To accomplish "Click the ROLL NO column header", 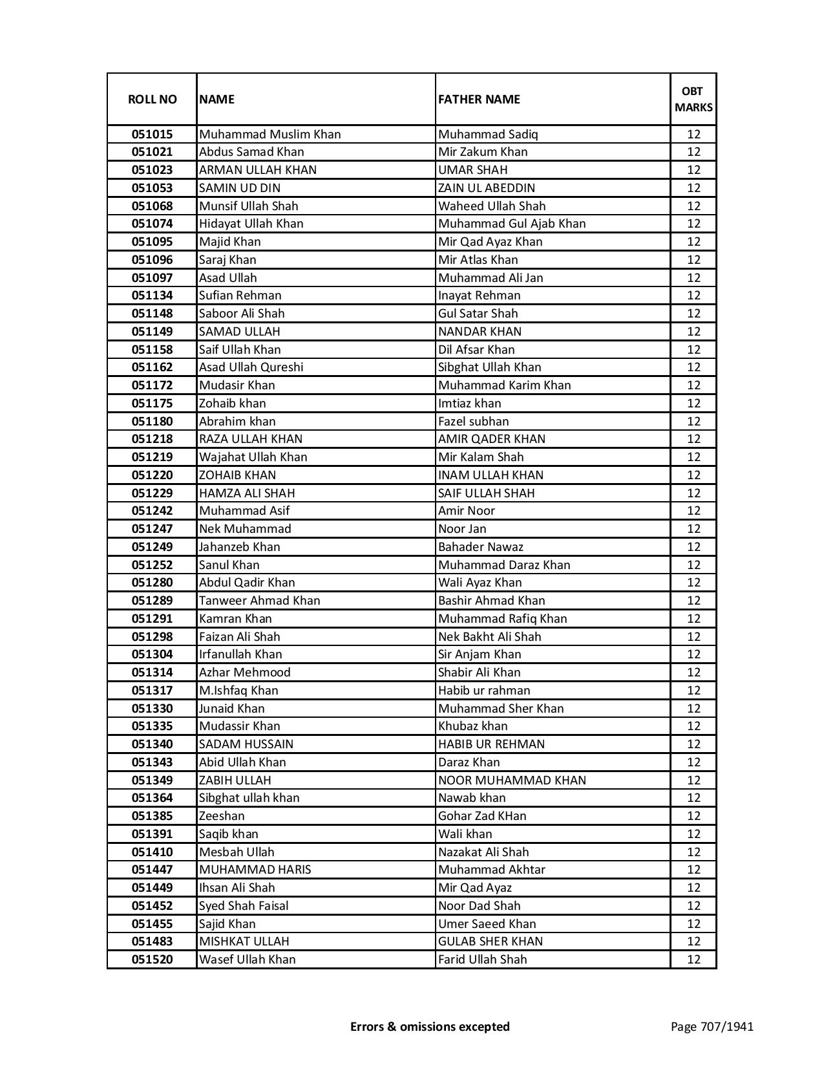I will pyautogui.click(x=152, y=100).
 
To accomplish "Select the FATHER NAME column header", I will pyautogui.click(x=479, y=100).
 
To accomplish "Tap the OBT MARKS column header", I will pyautogui.click(x=693, y=100).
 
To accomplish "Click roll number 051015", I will pyautogui.click(x=152, y=135).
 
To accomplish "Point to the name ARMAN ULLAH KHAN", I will pyautogui.click(x=257, y=170).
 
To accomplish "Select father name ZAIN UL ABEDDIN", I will pyautogui.click(x=487, y=188).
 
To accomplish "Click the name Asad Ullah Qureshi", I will pyautogui.click(x=251, y=367).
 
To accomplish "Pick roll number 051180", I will pyautogui.click(x=152, y=422).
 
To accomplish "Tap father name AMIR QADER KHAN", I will pyautogui.click(x=491, y=439).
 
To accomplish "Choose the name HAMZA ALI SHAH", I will pyautogui.click(x=246, y=493).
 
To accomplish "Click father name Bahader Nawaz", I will pyautogui.click(x=480, y=547).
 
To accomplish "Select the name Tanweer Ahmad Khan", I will pyautogui.click(x=259, y=601).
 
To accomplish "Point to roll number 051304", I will pyautogui.click(x=152, y=654).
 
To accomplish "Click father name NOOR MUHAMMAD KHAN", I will pyautogui.click(x=512, y=781).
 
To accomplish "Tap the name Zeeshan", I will pyautogui.click(x=222, y=816).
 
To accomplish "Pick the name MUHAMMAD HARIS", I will pyautogui.click(x=255, y=870).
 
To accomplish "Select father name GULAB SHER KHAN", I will pyautogui.click(x=490, y=942).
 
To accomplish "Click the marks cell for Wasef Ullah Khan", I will pyautogui.click(x=693, y=960).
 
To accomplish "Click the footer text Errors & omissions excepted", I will pyautogui.click(x=430, y=1026).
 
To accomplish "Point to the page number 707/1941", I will pyautogui.click(x=712, y=1026).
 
